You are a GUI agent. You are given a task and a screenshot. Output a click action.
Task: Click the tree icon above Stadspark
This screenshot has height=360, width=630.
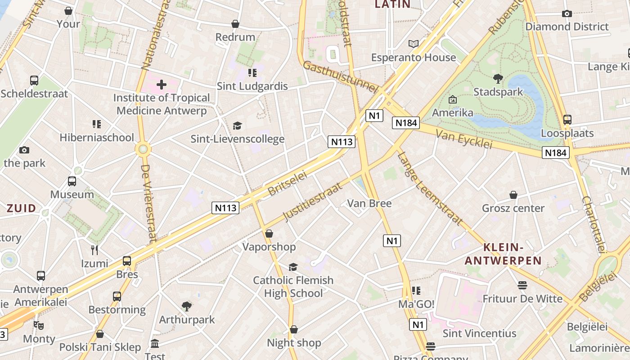pyautogui.click(x=498, y=79)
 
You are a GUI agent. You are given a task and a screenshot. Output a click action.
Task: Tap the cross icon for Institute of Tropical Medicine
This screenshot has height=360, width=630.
pyautogui.click(x=161, y=84)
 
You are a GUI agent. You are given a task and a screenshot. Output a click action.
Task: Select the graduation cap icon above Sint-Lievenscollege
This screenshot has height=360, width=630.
pyautogui.click(x=237, y=126)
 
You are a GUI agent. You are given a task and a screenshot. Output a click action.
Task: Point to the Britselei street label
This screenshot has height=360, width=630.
pyautogui.click(x=287, y=183)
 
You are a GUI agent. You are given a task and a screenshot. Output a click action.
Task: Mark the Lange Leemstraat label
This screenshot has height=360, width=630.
pyautogui.click(x=429, y=188)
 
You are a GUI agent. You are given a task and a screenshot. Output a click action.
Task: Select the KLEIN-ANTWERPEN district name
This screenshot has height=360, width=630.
pyautogui.click(x=503, y=254)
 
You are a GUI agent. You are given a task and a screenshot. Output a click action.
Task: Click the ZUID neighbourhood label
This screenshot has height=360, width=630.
pyautogui.click(x=21, y=208)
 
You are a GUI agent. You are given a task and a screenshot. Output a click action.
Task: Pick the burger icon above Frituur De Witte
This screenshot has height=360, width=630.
pyautogui.click(x=522, y=285)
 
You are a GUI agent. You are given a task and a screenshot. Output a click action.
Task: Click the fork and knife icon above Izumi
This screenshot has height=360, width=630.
pyautogui.click(x=94, y=250)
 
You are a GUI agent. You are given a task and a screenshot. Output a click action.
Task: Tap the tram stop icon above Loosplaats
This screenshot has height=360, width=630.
pyautogui.click(x=567, y=120)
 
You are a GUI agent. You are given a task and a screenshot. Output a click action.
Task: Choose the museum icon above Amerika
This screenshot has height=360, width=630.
pyautogui.click(x=453, y=99)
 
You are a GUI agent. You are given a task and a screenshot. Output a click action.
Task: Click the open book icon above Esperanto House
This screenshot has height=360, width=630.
pyautogui.click(x=413, y=44)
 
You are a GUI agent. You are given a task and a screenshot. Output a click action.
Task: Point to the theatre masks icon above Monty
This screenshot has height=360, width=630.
pyautogui.click(x=39, y=325)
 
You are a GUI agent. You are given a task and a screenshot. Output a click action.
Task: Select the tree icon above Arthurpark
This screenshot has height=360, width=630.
pyautogui.click(x=187, y=306)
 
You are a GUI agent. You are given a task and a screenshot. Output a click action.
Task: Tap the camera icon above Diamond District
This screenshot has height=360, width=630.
pyautogui.click(x=567, y=13)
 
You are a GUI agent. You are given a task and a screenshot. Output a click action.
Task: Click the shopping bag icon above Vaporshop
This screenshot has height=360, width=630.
pyautogui.click(x=269, y=234)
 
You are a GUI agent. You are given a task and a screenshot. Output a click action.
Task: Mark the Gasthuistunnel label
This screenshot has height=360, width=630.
pyautogui.click(x=340, y=77)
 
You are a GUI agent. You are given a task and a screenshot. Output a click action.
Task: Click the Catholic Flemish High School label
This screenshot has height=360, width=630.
pyautogui.click(x=293, y=287)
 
